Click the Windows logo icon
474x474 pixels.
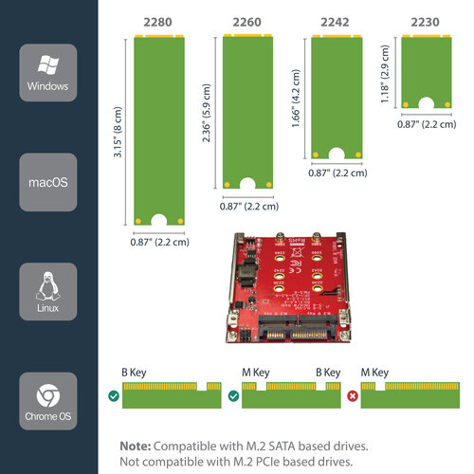[47, 65]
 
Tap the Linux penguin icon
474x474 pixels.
[47, 284]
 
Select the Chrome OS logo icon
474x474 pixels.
[47, 395]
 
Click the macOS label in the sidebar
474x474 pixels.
[47, 181]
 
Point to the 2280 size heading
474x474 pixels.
[159, 22]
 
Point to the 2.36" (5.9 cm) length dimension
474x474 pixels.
[207, 110]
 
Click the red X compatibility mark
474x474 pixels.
[352, 396]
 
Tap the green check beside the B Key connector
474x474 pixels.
[114, 396]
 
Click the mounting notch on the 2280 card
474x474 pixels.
[159, 221]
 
